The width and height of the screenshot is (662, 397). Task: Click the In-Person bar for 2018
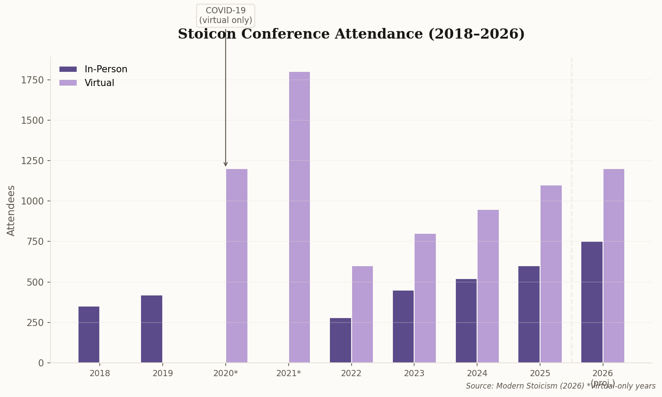click(x=89, y=334)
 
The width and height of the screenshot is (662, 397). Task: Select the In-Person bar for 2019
click(x=152, y=329)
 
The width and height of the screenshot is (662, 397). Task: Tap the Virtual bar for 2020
click(x=237, y=266)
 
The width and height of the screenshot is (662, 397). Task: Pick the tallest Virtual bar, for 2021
click(x=299, y=217)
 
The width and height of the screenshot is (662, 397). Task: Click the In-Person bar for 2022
click(x=341, y=340)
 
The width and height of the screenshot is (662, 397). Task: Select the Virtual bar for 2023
click(x=425, y=298)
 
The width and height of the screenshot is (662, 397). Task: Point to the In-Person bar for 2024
click(x=466, y=321)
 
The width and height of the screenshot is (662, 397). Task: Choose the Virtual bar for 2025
click(x=551, y=274)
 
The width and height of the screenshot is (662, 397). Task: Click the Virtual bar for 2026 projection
click(x=614, y=266)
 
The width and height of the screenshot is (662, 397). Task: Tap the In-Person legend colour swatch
click(x=68, y=69)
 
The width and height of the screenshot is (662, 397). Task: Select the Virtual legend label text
click(x=99, y=83)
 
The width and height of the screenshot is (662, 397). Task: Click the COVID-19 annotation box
click(x=225, y=16)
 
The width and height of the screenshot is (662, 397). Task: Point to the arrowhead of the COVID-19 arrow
click(x=226, y=165)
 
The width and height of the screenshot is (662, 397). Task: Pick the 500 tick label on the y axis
click(x=35, y=282)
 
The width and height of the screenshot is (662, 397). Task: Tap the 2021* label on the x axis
click(x=288, y=373)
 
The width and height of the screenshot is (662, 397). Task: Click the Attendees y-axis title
click(x=11, y=210)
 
